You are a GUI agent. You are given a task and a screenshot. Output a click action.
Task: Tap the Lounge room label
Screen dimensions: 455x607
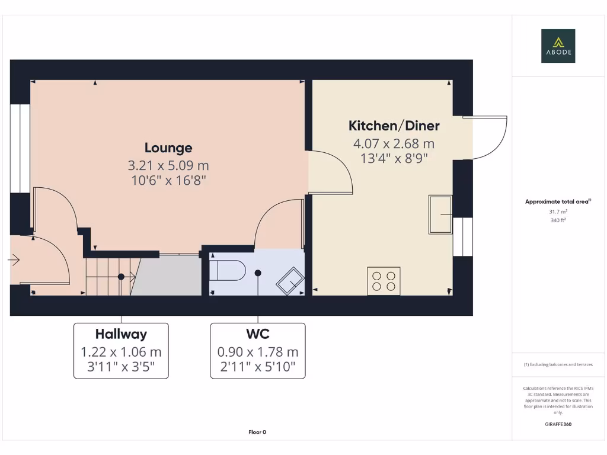168,148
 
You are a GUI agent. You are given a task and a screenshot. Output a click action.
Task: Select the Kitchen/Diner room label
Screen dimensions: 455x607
394,126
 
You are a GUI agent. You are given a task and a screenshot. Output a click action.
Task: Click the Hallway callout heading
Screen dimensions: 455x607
121,334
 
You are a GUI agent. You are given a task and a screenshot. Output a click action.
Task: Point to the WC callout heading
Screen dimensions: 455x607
258,334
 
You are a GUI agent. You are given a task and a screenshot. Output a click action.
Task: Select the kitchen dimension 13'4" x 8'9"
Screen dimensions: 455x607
394,158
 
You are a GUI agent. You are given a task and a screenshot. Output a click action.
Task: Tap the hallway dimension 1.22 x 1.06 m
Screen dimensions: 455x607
121,352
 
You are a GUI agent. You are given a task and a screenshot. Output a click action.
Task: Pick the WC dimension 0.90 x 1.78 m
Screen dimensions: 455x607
258,352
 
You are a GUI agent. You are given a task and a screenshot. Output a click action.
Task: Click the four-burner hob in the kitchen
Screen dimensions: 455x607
384,281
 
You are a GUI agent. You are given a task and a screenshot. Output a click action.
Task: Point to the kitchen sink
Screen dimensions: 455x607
440,214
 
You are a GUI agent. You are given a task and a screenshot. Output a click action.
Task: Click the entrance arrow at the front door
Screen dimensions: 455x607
14,259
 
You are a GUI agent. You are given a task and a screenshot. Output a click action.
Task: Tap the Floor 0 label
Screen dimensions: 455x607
257,432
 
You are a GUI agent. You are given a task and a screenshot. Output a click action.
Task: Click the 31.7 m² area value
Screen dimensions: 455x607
558,212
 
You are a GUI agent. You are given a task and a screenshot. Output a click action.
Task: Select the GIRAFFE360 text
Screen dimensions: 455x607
558,424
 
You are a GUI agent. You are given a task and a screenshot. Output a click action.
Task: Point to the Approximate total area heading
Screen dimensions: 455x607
557,201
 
